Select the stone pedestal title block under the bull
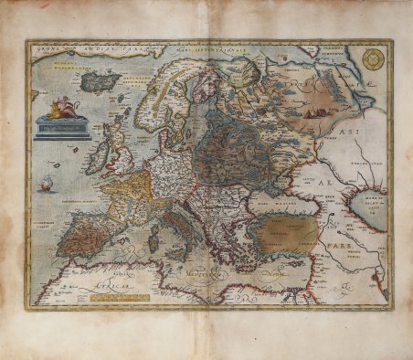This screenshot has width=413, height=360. click(x=62, y=129)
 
